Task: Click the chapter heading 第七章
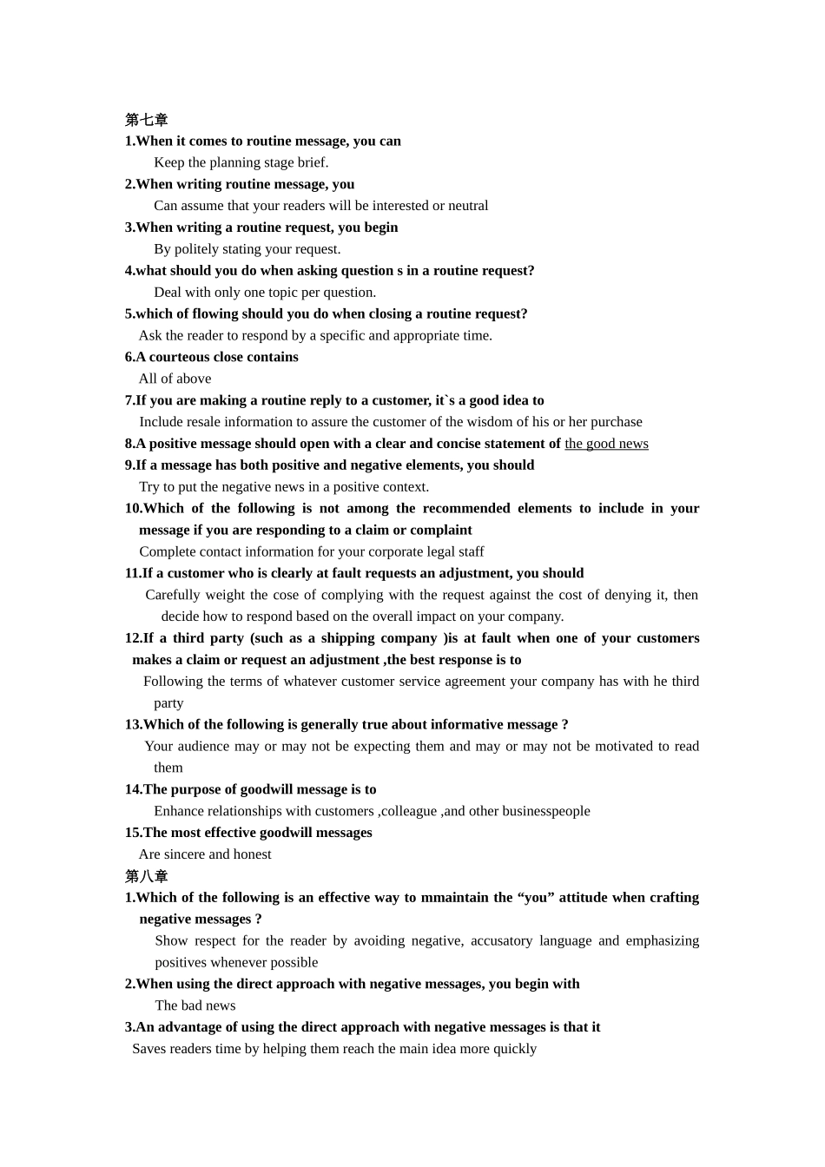pyautogui.click(x=146, y=120)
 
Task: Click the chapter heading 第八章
pyautogui.click(x=146, y=876)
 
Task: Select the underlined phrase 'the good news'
pyautogui.click(x=606, y=444)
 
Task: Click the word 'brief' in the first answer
pyautogui.click(x=310, y=162)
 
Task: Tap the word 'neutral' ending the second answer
pyautogui.click(x=466, y=206)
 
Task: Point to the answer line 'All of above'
pyautogui.click(x=175, y=379)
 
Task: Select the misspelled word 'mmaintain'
pyautogui.click(x=457, y=898)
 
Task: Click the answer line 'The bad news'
pyautogui.click(x=195, y=1005)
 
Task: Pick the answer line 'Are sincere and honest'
pyautogui.click(x=205, y=854)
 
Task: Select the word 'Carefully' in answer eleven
pyautogui.click(x=173, y=595)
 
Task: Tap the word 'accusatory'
pyautogui.click(x=501, y=941)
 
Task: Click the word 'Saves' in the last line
pyautogui.click(x=149, y=1049)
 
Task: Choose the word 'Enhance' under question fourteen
pyautogui.click(x=179, y=811)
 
